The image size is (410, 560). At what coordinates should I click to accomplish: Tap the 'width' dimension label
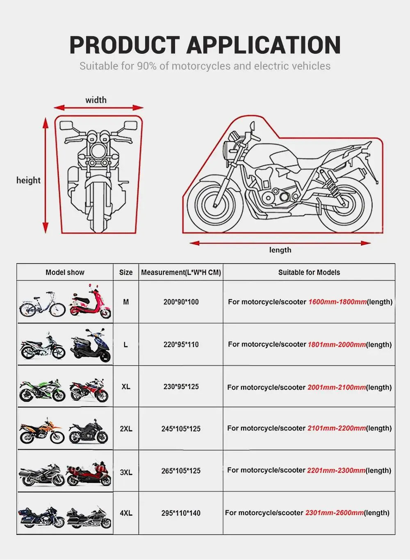point(96,100)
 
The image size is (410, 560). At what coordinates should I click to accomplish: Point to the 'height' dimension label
point(28,180)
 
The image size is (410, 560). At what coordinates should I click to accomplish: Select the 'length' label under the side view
point(280,250)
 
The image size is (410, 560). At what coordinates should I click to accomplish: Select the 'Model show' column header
point(65,272)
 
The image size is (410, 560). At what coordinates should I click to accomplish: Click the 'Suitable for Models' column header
point(309,272)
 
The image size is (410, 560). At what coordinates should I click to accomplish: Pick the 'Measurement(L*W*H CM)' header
point(181,272)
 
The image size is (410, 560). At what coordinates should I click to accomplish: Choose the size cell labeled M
point(126,302)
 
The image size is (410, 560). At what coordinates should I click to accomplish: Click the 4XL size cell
point(126,513)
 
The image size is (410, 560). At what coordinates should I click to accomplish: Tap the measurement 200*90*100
point(181,302)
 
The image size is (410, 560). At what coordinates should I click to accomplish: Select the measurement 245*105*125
point(181,429)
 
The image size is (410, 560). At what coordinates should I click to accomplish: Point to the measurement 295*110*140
point(181,513)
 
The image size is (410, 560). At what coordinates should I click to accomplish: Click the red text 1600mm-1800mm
point(337,302)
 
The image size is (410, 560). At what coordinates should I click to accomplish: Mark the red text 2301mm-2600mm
point(334,513)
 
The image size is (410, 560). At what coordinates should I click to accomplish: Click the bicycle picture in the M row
point(42,305)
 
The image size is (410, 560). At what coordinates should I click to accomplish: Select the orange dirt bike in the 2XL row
point(42,431)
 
